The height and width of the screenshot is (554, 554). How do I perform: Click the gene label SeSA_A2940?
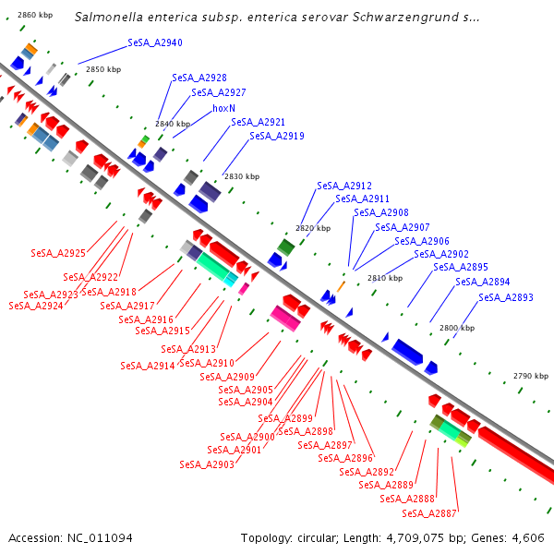(x=155, y=43)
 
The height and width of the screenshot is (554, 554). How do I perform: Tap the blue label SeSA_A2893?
(x=506, y=297)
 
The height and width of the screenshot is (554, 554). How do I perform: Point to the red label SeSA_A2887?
(x=429, y=513)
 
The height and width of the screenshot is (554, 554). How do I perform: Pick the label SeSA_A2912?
(x=344, y=186)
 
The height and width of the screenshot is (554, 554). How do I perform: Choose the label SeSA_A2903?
(x=207, y=464)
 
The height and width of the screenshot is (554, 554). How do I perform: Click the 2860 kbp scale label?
(x=36, y=15)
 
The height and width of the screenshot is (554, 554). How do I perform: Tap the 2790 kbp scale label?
(x=531, y=376)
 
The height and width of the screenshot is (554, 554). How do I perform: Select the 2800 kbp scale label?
(x=457, y=328)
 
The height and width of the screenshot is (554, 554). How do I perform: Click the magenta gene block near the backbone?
(x=285, y=318)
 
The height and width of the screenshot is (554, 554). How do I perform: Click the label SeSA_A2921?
(x=259, y=122)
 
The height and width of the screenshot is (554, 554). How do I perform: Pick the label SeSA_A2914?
(x=148, y=366)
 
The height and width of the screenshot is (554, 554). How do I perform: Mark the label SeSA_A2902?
(x=441, y=254)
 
